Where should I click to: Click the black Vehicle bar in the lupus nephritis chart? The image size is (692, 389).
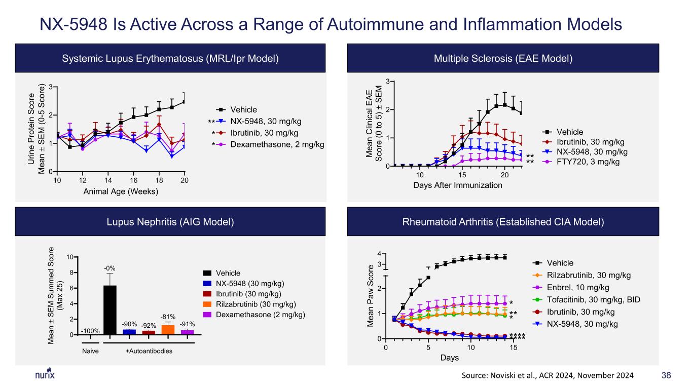click(x=110, y=310)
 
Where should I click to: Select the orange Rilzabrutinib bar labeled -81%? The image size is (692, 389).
click(x=168, y=330)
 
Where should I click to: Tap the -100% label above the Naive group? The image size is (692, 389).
click(x=90, y=331)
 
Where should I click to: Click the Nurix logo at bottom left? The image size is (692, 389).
click(x=45, y=374)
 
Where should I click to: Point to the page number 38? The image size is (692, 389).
click(x=666, y=375)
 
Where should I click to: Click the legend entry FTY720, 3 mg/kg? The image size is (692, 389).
click(x=581, y=162)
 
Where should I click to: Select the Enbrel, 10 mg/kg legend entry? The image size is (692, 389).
click(x=571, y=287)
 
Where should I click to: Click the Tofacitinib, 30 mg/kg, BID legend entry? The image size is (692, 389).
click(x=587, y=299)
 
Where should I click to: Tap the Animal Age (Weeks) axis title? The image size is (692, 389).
click(x=121, y=191)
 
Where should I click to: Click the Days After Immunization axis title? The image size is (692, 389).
click(x=457, y=185)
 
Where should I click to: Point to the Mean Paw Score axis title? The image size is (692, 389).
click(x=370, y=296)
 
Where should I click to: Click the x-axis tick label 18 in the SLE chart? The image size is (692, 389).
click(x=159, y=180)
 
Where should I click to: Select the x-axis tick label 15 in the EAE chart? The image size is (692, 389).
click(x=462, y=175)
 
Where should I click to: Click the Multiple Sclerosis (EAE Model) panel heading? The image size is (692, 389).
click(x=503, y=58)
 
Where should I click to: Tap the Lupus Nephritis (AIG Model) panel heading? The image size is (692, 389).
click(x=170, y=222)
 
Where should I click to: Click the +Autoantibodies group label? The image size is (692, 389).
click(x=149, y=351)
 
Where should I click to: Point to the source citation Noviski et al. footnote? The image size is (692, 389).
click(x=548, y=375)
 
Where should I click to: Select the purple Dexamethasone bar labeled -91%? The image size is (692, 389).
click(x=188, y=332)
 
